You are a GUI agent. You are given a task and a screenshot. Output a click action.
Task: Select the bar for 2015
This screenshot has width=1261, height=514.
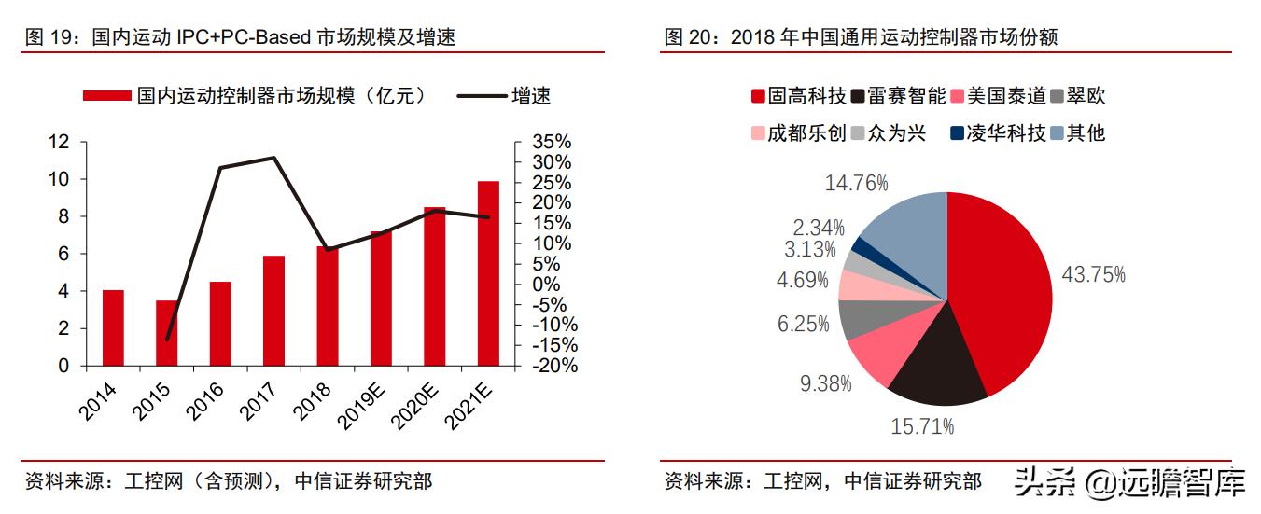pyautogui.click(x=167, y=333)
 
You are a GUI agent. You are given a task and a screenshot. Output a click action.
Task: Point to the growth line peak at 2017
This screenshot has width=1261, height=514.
pyautogui.click(x=273, y=158)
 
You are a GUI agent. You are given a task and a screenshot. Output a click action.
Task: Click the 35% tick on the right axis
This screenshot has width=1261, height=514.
pyautogui.click(x=552, y=142)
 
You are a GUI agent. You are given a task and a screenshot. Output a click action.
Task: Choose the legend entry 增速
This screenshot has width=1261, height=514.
pyautogui.click(x=529, y=95)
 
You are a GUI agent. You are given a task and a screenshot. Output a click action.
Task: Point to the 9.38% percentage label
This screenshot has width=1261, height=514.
pyautogui.click(x=825, y=382)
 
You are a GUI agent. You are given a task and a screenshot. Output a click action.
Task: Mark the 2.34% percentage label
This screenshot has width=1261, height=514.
pyautogui.click(x=819, y=227)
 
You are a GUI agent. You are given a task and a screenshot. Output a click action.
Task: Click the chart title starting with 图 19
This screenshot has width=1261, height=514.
pyautogui.click(x=240, y=36)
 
